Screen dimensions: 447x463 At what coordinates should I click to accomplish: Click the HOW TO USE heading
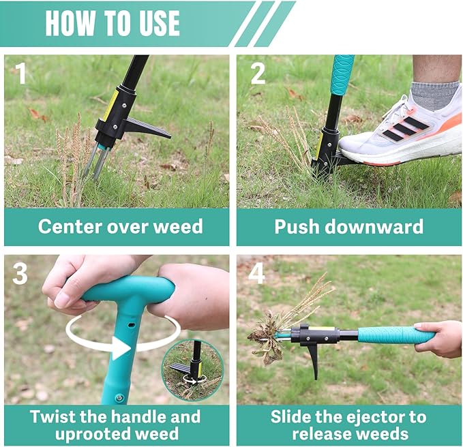coord(113,24)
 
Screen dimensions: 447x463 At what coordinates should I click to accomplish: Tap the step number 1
coord(20,73)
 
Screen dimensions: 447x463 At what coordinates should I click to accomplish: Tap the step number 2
coord(257,73)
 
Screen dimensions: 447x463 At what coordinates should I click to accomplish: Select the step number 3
coord(20,273)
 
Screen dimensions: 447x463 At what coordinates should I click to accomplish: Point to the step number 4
coord(256,273)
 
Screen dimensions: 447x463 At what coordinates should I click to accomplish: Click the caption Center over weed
coord(120,226)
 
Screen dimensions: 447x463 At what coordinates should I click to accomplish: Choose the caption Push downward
coord(348,226)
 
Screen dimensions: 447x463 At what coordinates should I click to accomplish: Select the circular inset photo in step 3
coord(192,370)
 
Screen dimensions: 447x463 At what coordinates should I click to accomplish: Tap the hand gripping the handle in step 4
coord(440,338)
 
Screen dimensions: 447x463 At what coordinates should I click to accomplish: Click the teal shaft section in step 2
coord(342,74)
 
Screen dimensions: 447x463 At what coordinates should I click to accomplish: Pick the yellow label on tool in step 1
coord(110,104)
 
